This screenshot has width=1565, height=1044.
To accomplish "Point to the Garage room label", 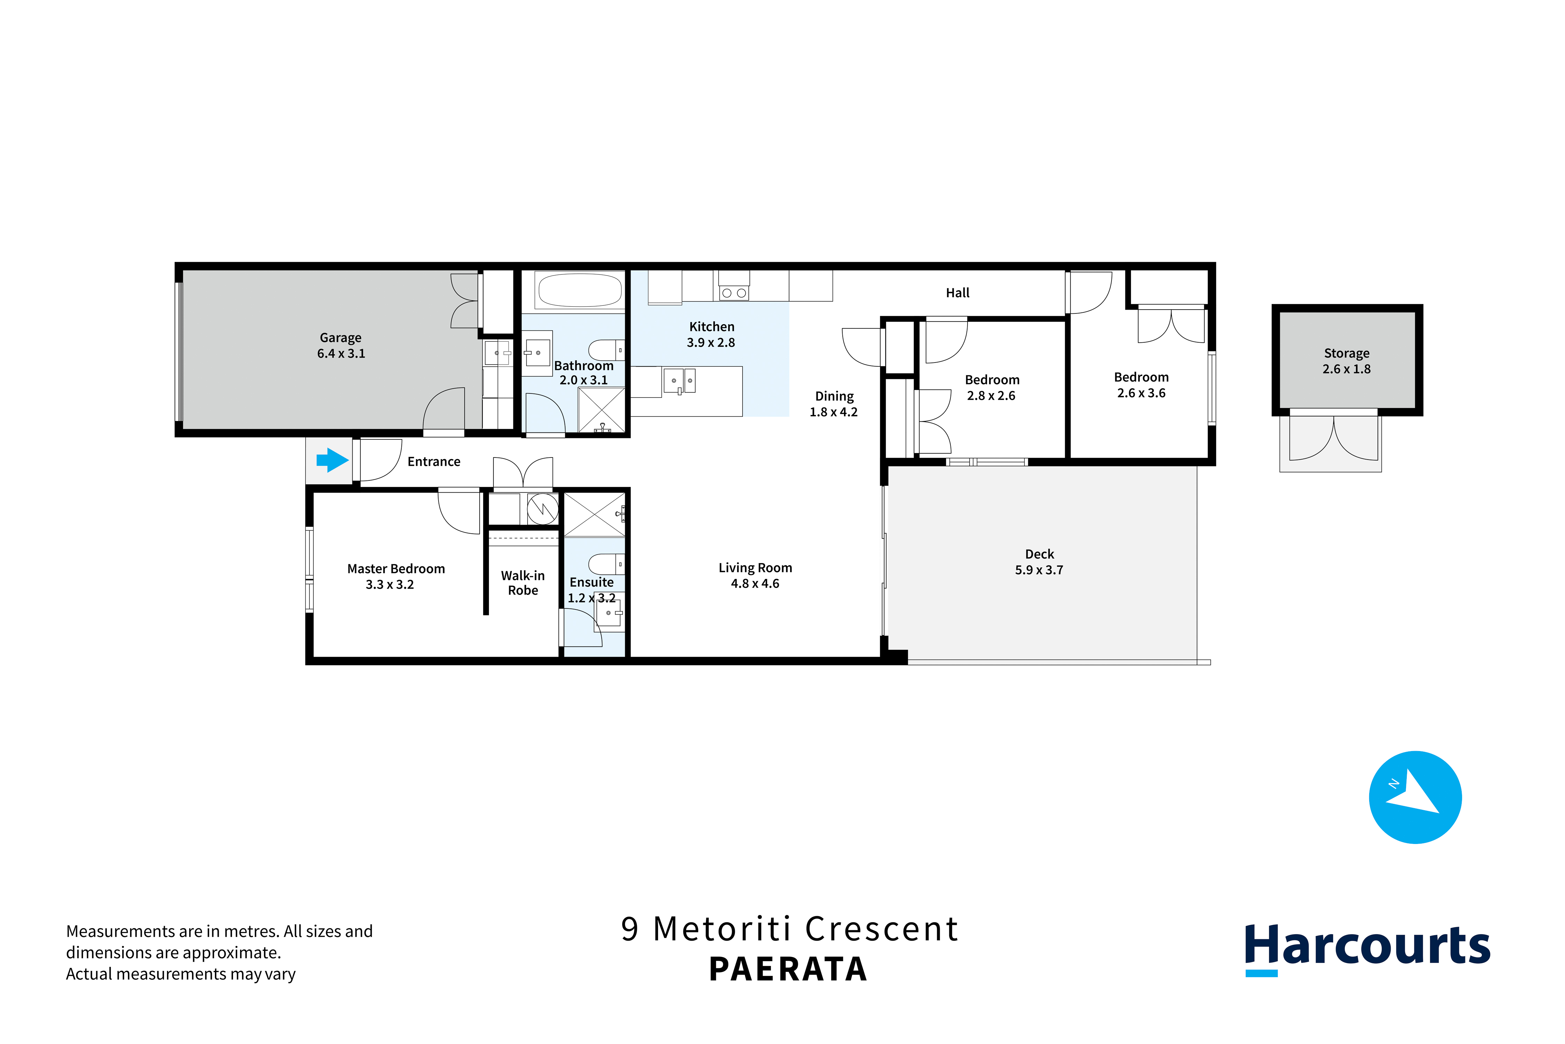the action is (341, 337).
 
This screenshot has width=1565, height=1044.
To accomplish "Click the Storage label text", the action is (1347, 353).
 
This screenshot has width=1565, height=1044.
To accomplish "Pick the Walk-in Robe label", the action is (523, 583).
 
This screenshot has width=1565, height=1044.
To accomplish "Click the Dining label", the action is (834, 396).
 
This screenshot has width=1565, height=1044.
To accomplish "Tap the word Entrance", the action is (434, 461).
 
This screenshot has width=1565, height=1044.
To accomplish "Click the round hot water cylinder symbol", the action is (543, 509).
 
